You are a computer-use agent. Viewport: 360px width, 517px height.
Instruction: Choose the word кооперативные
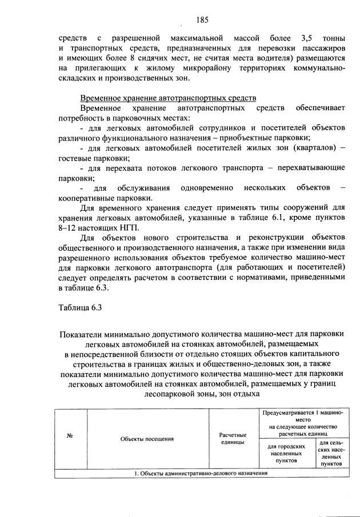pyautogui.click(x=84, y=198)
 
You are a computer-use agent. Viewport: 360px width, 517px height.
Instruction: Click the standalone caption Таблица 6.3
pyautogui.click(x=80, y=308)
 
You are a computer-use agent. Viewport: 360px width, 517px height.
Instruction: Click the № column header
pyautogui.click(x=69, y=438)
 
